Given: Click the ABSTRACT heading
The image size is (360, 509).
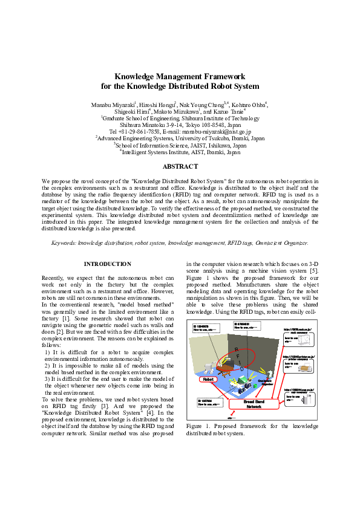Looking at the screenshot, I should [180, 166].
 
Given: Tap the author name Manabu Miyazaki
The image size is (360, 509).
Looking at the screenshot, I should [113, 105].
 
